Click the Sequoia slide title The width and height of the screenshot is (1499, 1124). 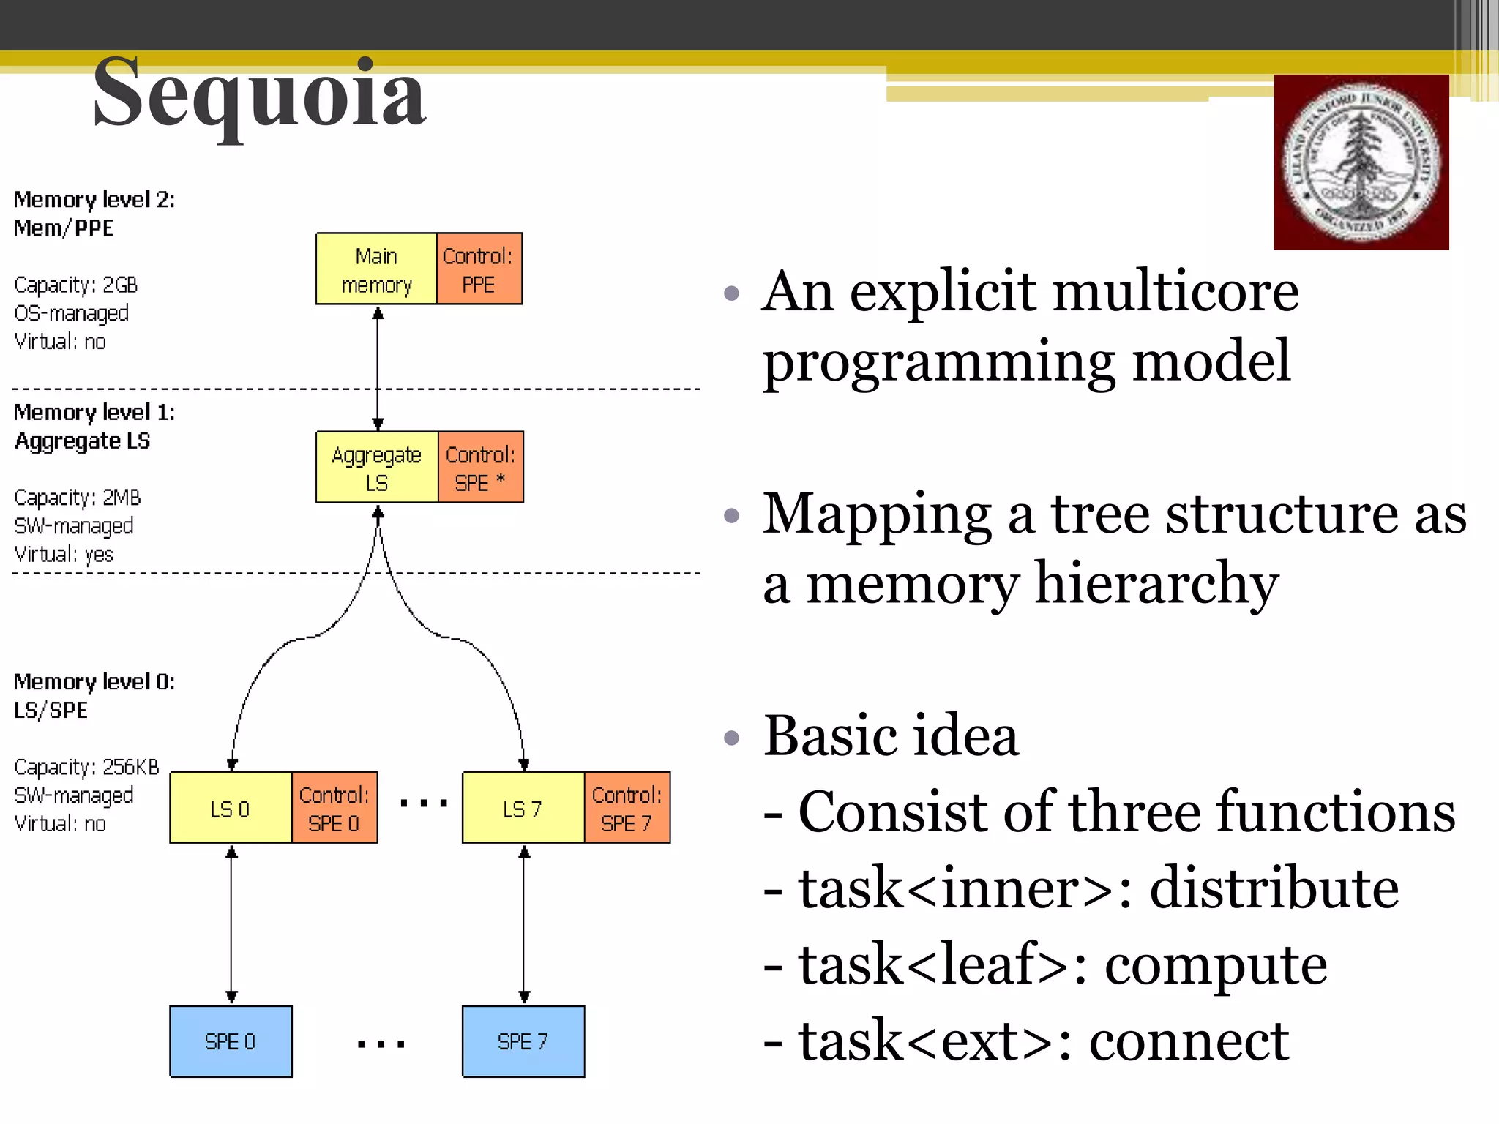[259, 94]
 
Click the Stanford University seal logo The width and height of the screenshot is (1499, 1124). [1361, 162]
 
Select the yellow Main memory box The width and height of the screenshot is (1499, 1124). [376, 269]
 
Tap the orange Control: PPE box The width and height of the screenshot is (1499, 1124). [479, 269]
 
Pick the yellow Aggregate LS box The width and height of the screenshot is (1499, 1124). [376, 468]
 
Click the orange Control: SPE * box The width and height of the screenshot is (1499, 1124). [480, 468]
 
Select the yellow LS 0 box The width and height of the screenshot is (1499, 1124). [231, 808]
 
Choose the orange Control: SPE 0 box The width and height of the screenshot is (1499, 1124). [334, 808]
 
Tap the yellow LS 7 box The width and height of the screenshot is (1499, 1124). [523, 808]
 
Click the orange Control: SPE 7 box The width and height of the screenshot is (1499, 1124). [627, 808]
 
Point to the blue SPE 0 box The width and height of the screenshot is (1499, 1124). [231, 1041]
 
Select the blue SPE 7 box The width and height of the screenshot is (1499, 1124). [523, 1041]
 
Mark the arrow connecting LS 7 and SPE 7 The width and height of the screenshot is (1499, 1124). [524, 923]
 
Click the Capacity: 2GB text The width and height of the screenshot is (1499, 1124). [76, 285]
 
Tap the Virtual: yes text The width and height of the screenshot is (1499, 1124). [64, 555]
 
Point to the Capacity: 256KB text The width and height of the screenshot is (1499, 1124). [86, 767]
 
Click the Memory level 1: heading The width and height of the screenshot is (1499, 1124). [94, 413]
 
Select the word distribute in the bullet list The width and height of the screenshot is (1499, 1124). [1274, 888]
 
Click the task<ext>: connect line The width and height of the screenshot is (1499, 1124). [1025, 1041]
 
